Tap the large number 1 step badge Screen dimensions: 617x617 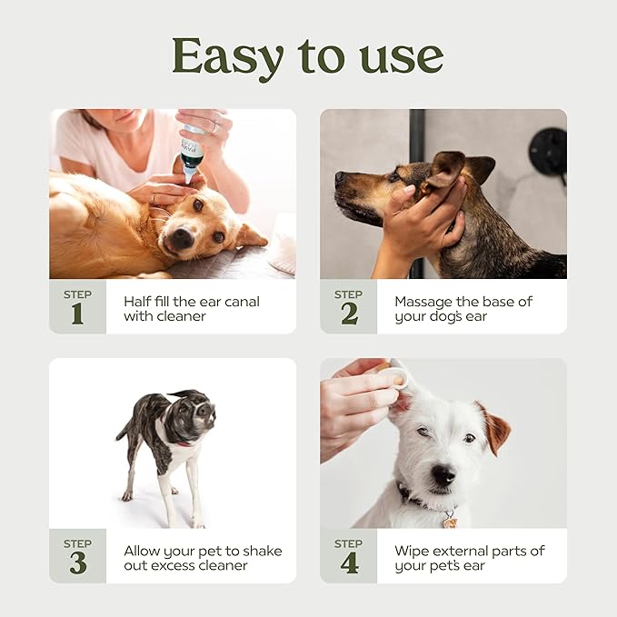coord(77,313)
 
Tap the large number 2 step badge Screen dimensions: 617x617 coord(348,313)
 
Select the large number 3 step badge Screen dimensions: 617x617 coord(77,562)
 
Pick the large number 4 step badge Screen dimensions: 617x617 coord(348,562)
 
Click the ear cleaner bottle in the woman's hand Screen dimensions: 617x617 coord(192,154)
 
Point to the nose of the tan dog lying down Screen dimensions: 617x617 coord(179,239)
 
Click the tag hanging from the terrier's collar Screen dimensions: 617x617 coord(449,522)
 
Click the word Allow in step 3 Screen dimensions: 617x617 coord(143,551)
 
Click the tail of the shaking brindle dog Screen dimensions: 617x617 coord(123,430)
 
